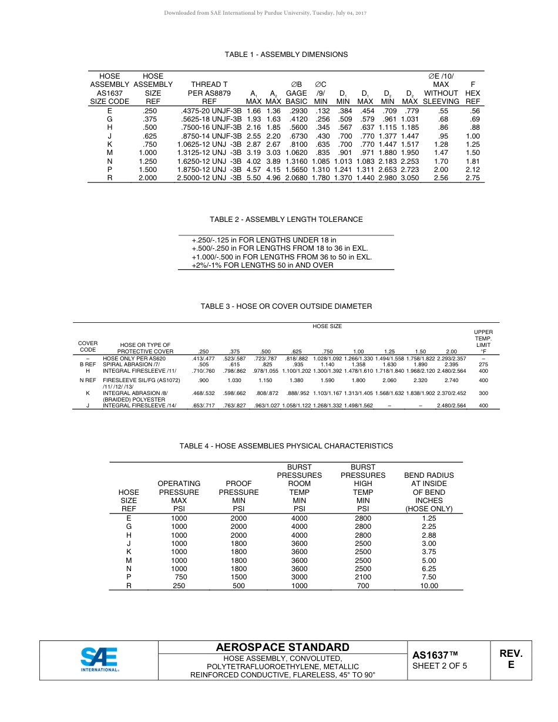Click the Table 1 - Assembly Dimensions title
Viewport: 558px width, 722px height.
[286, 55]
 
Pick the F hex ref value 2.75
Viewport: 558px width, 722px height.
[472, 178]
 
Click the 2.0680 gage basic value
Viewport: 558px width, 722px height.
[297, 178]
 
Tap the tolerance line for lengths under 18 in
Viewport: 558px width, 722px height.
[264, 240]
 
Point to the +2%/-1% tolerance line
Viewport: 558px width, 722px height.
[263, 265]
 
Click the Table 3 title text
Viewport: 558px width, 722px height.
[286, 306]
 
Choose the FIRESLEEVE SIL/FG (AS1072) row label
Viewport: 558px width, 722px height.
[142, 380]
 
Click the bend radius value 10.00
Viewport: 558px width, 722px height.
[429, 586]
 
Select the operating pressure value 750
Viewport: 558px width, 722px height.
[181, 578]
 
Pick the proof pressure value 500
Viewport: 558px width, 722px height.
[238, 586]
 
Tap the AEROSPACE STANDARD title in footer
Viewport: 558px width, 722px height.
[283, 647]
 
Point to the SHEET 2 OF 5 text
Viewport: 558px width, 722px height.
[440, 666]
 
